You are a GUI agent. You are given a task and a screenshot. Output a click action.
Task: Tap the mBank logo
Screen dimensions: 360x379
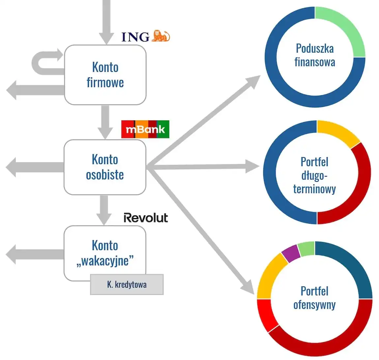(145, 129)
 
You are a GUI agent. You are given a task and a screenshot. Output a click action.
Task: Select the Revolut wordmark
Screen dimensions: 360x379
(146, 218)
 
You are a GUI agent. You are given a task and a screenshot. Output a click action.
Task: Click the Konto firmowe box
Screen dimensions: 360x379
(105, 75)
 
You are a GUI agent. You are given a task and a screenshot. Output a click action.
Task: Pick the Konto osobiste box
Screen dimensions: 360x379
(105, 167)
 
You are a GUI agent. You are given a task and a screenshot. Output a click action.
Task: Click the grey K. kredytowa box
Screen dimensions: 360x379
(127, 285)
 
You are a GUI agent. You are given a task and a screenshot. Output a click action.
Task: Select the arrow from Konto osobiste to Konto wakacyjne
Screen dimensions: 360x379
(104, 209)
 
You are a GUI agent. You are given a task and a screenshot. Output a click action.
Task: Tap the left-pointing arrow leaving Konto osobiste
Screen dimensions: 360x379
(33, 167)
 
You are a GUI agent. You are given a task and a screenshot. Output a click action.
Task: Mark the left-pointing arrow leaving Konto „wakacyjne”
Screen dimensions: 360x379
(33, 255)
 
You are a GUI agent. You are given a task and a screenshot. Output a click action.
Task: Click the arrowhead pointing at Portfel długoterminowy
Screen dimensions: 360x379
(252, 166)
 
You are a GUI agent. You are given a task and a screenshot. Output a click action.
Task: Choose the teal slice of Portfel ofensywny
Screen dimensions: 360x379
(353, 267)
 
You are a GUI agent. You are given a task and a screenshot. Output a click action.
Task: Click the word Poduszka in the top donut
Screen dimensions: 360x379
(315, 48)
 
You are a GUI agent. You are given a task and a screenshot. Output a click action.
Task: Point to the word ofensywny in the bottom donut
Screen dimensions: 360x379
(314, 305)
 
